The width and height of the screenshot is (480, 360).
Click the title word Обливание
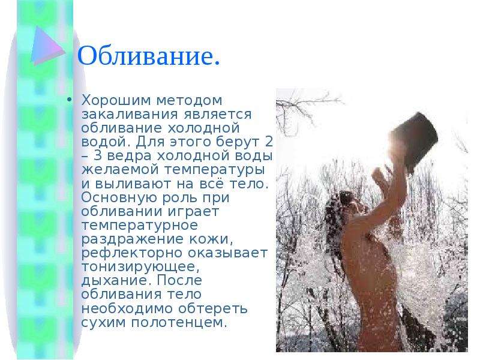click(x=149, y=56)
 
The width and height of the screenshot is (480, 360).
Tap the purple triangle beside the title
click(x=47, y=46)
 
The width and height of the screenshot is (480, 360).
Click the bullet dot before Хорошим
click(x=70, y=100)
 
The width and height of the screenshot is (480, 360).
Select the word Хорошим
click(x=117, y=100)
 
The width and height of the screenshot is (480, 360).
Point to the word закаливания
click(x=130, y=115)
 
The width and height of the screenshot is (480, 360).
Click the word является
click(x=218, y=115)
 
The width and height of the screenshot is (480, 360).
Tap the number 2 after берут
click(x=269, y=142)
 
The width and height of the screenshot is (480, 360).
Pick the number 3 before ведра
click(x=98, y=155)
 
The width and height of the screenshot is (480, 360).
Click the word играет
click(x=193, y=212)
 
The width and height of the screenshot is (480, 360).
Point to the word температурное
click(x=140, y=226)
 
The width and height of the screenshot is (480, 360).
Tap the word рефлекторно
click(x=131, y=253)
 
